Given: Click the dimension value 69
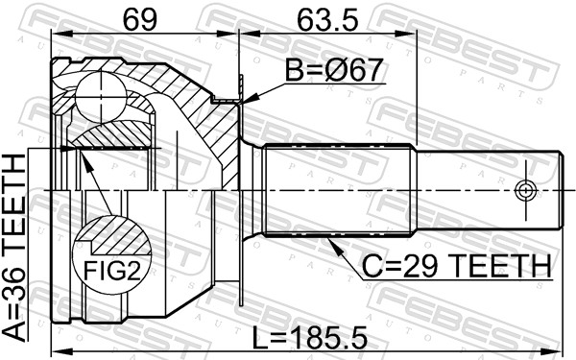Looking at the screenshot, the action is click(x=139, y=19).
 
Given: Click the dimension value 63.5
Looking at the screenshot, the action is click(x=327, y=19).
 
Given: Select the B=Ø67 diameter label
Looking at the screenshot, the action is click(x=334, y=70).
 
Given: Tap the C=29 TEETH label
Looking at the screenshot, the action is click(x=457, y=266).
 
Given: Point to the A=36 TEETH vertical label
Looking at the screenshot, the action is click(x=14, y=249).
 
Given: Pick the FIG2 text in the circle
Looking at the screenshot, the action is click(x=112, y=271).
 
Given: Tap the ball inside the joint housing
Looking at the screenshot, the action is click(x=101, y=98).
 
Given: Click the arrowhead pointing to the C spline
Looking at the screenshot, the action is click(x=334, y=246).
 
